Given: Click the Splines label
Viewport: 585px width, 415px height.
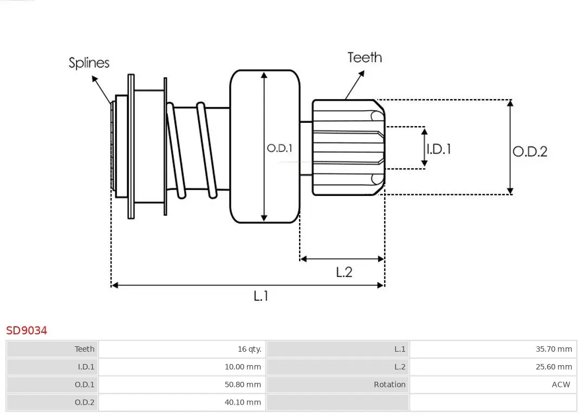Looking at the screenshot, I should point(89,63).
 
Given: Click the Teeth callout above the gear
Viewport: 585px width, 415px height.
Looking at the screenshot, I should point(365,57).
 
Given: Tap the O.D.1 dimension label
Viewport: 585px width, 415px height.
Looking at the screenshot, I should point(279,148).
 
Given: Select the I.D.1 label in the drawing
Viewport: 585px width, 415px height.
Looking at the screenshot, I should point(439,149).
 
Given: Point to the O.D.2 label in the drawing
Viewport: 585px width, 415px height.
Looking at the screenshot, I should point(530,151).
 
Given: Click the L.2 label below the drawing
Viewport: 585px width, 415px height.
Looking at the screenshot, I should point(344,272).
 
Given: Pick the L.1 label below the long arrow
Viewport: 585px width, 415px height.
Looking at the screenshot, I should point(261,295).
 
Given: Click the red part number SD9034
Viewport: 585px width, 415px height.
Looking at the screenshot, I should point(27,330).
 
